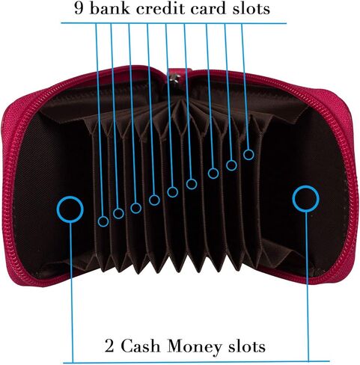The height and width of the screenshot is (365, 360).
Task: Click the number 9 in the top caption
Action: (x=79, y=8)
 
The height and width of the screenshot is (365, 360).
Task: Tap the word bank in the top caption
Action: (x=110, y=8)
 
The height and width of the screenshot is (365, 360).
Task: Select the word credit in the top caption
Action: (x=161, y=8)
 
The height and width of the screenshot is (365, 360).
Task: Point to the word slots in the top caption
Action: (x=251, y=8)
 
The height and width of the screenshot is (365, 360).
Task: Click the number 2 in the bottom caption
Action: (x=109, y=346)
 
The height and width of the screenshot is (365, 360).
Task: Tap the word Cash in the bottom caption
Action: (x=141, y=346)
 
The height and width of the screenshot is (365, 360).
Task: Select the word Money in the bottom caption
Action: (x=194, y=347)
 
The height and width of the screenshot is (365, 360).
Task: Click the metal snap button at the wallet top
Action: (x=175, y=77)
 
